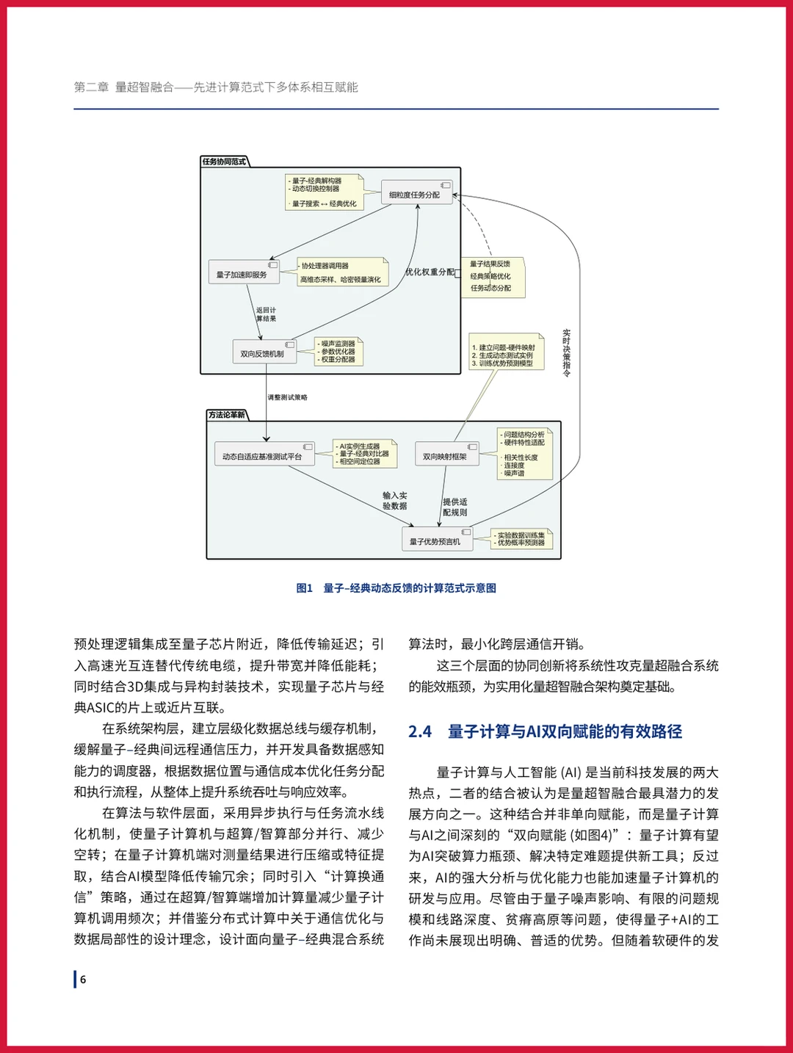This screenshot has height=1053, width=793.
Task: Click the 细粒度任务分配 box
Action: point(416,195)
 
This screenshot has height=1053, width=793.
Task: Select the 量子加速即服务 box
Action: point(243,275)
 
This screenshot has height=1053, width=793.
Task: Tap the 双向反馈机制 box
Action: point(264,354)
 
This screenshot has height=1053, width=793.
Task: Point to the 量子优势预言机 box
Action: point(436,542)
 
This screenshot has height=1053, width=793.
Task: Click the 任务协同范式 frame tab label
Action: point(224,162)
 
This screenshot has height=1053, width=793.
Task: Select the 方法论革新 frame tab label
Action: point(227,415)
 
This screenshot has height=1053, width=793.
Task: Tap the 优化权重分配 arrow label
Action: point(430,272)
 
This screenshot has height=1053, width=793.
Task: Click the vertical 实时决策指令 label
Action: point(566,353)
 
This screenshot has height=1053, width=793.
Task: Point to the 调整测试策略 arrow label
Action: point(287,397)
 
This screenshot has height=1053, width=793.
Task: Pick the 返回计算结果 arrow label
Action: point(266,314)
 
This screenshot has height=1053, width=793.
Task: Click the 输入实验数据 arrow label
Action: point(394,501)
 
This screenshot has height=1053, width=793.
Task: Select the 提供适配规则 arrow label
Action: point(455,507)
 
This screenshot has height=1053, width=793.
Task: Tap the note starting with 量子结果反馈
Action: point(495,277)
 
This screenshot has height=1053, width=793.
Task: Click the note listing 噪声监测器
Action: point(339,352)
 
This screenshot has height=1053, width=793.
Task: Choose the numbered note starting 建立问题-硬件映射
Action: point(506,355)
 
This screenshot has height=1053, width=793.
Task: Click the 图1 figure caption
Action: point(396,588)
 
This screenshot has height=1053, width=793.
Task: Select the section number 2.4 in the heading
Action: point(420,731)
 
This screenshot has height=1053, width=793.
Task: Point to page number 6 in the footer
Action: point(83,980)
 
